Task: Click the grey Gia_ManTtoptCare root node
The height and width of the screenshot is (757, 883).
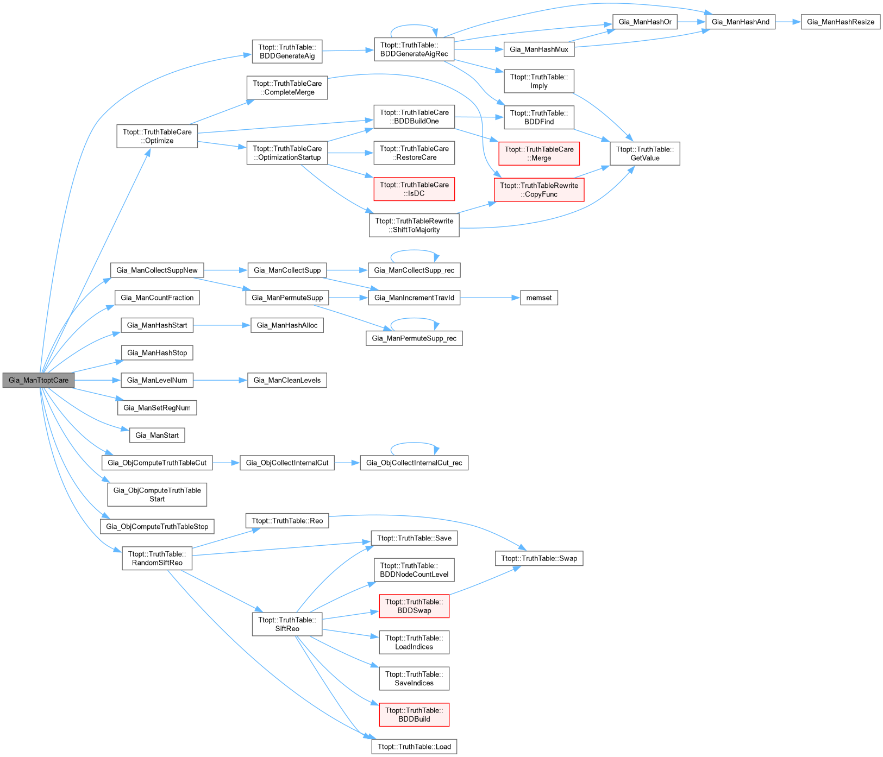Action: pyautogui.click(x=39, y=380)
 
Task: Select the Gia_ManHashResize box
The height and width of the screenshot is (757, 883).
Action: pyautogui.click(x=840, y=22)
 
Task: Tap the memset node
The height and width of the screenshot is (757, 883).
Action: pyautogui.click(x=538, y=298)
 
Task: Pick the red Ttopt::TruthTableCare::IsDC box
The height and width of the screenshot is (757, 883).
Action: pyautogui.click(x=414, y=189)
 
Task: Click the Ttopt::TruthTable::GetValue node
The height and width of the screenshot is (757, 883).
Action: pyautogui.click(x=644, y=154)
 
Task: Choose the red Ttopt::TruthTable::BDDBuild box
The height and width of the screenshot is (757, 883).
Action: pyautogui.click(x=414, y=715)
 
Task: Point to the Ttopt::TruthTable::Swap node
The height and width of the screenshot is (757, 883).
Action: pyautogui.click(x=539, y=558)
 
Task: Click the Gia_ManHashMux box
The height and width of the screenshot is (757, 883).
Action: pyautogui.click(x=538, y=49)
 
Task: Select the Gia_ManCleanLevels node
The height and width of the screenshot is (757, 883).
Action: pyautogui.click(x=287, y=380)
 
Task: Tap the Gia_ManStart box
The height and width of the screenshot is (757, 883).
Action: pyautogui.click(x=157, y=435)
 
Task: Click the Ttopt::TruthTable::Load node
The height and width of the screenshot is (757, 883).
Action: pyautogui.click(x=414, y=747)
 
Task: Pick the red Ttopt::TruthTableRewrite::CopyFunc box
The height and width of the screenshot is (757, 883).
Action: pyautogui.click(x=539, y=190)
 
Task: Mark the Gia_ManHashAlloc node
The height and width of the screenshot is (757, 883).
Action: pyautogui.click(x=287, y=325)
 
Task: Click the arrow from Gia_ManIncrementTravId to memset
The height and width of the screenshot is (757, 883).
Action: pyautogui.click(x=490, y=298)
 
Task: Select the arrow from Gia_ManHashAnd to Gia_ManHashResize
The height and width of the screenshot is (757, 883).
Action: pyautogui.click(x=788, y=22)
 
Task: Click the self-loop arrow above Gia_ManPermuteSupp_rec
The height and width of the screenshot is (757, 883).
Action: pyautogui.click(x=414, y=319)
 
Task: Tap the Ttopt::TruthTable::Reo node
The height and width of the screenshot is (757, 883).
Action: pyautogui.click(x=287, y=521)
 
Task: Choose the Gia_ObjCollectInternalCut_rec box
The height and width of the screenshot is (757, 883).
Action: pyautogui.click(x=414, y=463)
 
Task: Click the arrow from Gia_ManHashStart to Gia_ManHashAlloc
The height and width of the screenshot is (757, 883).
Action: pyautogui.click(x=222, y=325)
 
